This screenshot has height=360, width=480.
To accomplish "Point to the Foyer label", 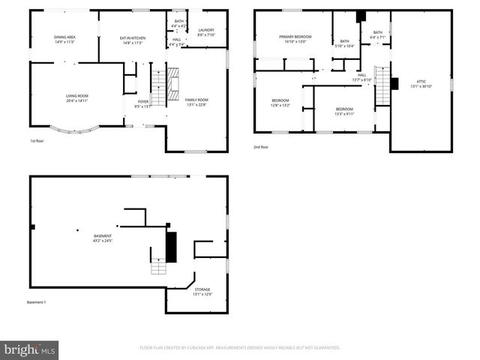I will point(142,103).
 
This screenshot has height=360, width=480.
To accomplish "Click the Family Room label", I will point(196,101).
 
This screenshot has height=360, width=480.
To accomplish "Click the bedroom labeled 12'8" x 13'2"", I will point(280,103).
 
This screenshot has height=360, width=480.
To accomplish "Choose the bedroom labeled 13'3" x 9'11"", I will point(344,111).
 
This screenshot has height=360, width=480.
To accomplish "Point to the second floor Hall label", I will point(362,76).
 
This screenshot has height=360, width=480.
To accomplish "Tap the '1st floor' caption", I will point(36,140).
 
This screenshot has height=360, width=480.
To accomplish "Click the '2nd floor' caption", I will point(261,146).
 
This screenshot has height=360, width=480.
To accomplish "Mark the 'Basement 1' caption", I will point(37,302).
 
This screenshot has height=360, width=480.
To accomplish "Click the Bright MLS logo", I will point(30,349).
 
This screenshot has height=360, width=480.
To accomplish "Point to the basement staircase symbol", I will point(160,265).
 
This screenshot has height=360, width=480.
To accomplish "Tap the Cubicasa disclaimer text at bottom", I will point(240,348).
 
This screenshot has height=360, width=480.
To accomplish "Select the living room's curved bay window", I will point(77,130).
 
